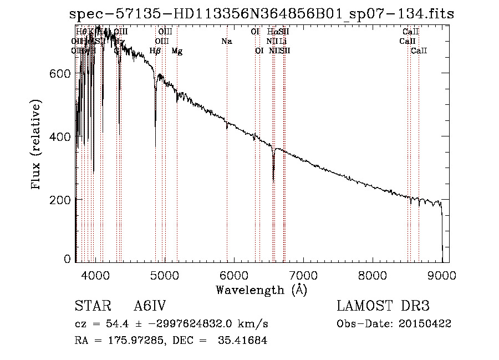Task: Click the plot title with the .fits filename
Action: pyautogui.click(x=261, y=14)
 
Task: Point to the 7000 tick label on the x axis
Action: pyautogui.click(x=303, y=275)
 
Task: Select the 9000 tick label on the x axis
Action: pyautogui.click(x=442, y=275)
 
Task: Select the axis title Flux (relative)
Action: pyautogui.click(x=37, y=145)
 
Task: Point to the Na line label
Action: pyautogui.click(x=226, y=42)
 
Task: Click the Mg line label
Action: pyautogui.click(x=177, y=51)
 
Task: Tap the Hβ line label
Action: pyautogui.click(x=155, y=51)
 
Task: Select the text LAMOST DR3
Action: pyautogui.click(x=383, y=306)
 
